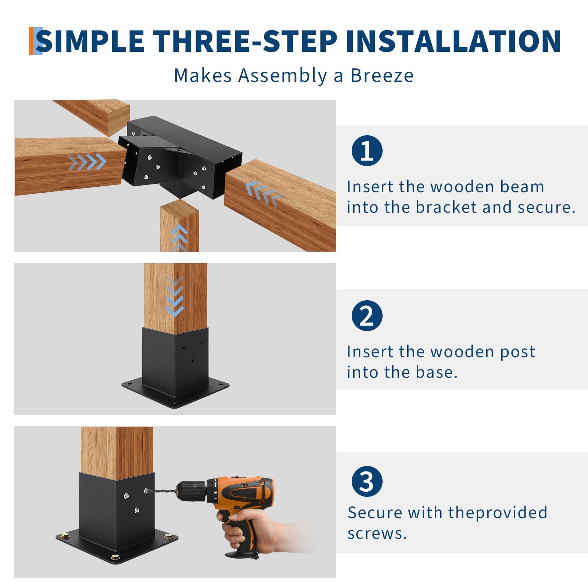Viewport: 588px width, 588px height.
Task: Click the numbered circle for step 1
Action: (x=367, y=150)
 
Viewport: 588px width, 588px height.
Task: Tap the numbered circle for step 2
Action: (x=367, y=315)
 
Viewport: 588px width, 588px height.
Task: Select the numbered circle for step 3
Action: (x=367, y=481)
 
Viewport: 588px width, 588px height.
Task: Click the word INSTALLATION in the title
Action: (x=453, y=41)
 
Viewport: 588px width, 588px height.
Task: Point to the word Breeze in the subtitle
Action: (x=382, y=75)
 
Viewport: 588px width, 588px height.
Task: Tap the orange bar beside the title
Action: (x=31, y=41)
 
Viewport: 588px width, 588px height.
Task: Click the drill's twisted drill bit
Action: (x=162, y=491)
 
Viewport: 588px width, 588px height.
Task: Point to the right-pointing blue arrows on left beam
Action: (x=87, y=162)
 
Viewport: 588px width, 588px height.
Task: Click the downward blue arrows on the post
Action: (x=175, y=296)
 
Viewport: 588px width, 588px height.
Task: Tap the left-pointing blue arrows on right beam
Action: (x=264, y=194)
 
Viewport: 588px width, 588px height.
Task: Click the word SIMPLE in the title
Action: (x=90, y=41)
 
